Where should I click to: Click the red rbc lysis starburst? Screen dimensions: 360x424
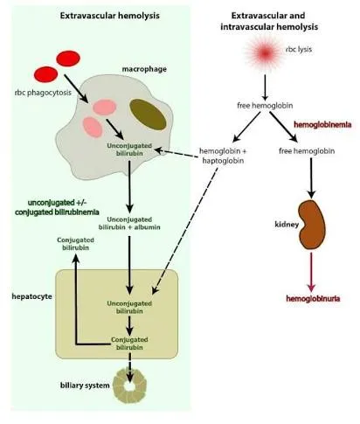click(x=265, y=53)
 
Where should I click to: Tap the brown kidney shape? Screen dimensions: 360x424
click(x=312, y=225)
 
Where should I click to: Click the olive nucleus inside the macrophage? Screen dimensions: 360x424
click(x=148, y=115)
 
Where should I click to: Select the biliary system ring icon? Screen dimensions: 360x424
click(x=129, y=386)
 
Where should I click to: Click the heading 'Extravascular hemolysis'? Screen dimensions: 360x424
click(x=109, y=16)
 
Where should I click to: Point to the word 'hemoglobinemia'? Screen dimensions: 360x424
click(x=322, y=125)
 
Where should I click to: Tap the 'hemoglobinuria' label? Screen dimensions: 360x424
click(x=313, y=298)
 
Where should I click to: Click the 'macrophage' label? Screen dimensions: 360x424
click(x=144, y=69)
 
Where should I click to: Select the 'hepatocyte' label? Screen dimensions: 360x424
click(x=32, y=296)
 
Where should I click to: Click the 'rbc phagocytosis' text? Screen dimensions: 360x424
click(x=43, y=93)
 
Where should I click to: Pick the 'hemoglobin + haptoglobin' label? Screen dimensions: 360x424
click(x=223, y=156)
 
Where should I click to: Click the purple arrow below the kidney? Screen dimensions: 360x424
click(x=311, y=272)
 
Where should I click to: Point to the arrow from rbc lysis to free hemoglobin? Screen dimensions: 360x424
click(x=265, y=87)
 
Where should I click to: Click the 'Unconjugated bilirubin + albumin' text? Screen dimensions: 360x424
click(x=129, y=223)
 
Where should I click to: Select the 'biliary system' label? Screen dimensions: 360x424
click(x=85, y=386)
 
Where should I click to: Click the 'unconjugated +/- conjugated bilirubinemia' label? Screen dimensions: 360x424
click(x=57, y=207)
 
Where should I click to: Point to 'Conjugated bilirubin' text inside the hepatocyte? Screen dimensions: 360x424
click(x=129, y=344)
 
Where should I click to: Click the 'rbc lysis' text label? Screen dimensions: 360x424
click(x=299, y=49)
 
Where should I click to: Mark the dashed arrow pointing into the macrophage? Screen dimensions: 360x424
click(x=177, y=154)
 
